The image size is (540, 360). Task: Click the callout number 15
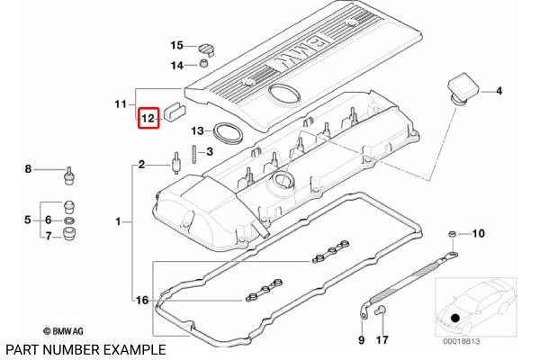(177, 45)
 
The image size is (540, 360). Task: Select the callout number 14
(177, 65)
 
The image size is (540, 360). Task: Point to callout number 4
(499, 91)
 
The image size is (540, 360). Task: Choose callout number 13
(197, 130)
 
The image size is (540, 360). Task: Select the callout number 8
(28, 168)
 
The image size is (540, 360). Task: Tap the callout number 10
(478, 234)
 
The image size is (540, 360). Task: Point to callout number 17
(382, 340)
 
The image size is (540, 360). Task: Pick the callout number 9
(362, 340)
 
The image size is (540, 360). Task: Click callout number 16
(139, 300)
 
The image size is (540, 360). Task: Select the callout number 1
(117, 220)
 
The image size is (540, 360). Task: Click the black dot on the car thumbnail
(456, 317)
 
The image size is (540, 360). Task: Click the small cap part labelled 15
(207, 46)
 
